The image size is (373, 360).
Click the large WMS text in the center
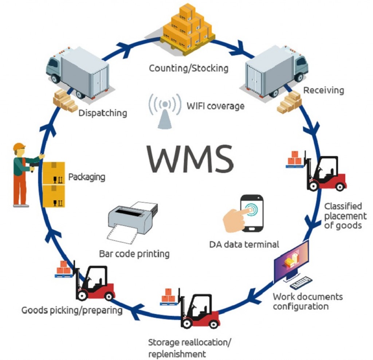click(x=190, y=158)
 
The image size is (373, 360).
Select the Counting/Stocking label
click(x=188, y=68)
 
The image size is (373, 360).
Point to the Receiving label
click(x=323, y=90)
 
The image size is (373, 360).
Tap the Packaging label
click(x=87, y=177)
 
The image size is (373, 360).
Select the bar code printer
click(x=133, y=220)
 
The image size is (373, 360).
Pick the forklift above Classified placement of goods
click(x=325, y=174)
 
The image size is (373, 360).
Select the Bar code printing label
click(x=134, y=253)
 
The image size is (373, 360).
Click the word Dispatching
click(x=103, y=113)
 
